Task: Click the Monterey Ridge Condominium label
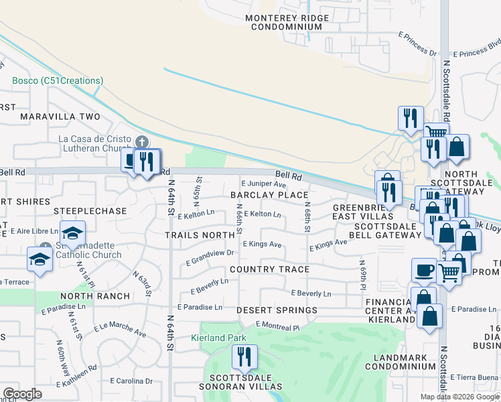(287, 22)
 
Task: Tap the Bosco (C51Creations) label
(58, 80)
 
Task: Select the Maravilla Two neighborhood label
(60, 117)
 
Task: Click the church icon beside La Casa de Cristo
(141, 141)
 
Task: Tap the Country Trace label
(269, 269)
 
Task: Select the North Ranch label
(94, 296)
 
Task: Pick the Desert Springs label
(277, 311)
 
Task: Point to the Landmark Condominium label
(401, 360)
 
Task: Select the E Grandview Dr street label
(210, 253)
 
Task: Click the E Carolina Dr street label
(130, 381)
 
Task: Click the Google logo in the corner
(22, 394)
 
